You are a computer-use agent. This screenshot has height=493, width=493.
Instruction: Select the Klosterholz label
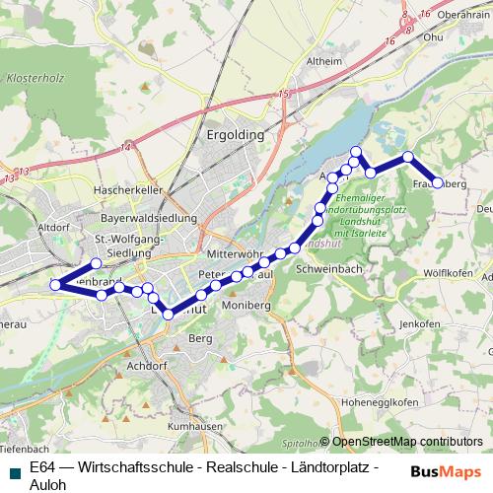[36, 75]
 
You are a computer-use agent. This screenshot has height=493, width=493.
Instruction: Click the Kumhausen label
[190, 427]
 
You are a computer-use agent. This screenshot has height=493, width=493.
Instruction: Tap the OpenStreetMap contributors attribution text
[406, 442]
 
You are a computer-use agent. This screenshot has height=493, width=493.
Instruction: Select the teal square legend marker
[14, 468]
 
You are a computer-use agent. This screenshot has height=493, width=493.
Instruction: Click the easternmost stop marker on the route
[439, 182]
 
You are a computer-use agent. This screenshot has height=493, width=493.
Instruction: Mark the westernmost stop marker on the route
[55, 286]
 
